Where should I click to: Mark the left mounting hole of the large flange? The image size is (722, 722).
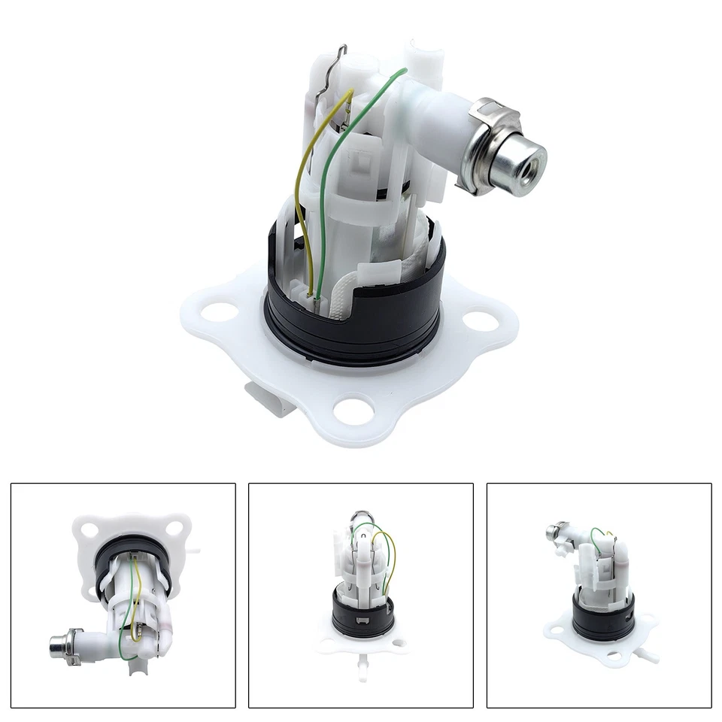point(220,311)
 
